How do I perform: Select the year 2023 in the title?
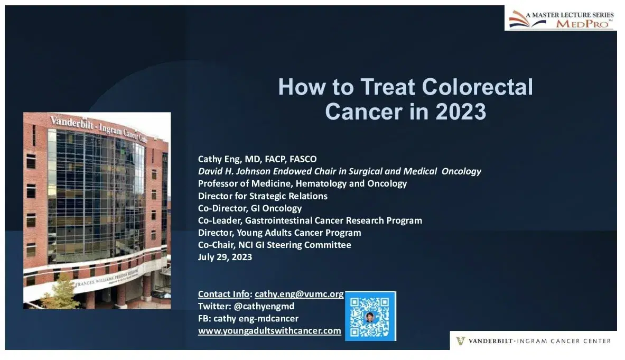[x=458, y=112]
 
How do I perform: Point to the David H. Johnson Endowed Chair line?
[x=339, y=171]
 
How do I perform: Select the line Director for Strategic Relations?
[x=263, y=196]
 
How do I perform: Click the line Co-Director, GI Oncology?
[x=250, y=208]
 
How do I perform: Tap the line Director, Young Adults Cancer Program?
[x=279, y=233]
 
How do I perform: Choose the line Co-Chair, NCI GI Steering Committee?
[x=274, y=245]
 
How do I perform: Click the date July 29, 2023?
[x=225, y=257]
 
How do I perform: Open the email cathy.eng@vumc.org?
[x=299, y=294]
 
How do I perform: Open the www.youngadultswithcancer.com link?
[x=269, y=331]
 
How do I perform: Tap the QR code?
[x=370, y=316]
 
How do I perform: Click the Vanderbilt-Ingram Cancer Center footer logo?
[x=533, y=341]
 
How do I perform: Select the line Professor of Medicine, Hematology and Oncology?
[x=302, y=183]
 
